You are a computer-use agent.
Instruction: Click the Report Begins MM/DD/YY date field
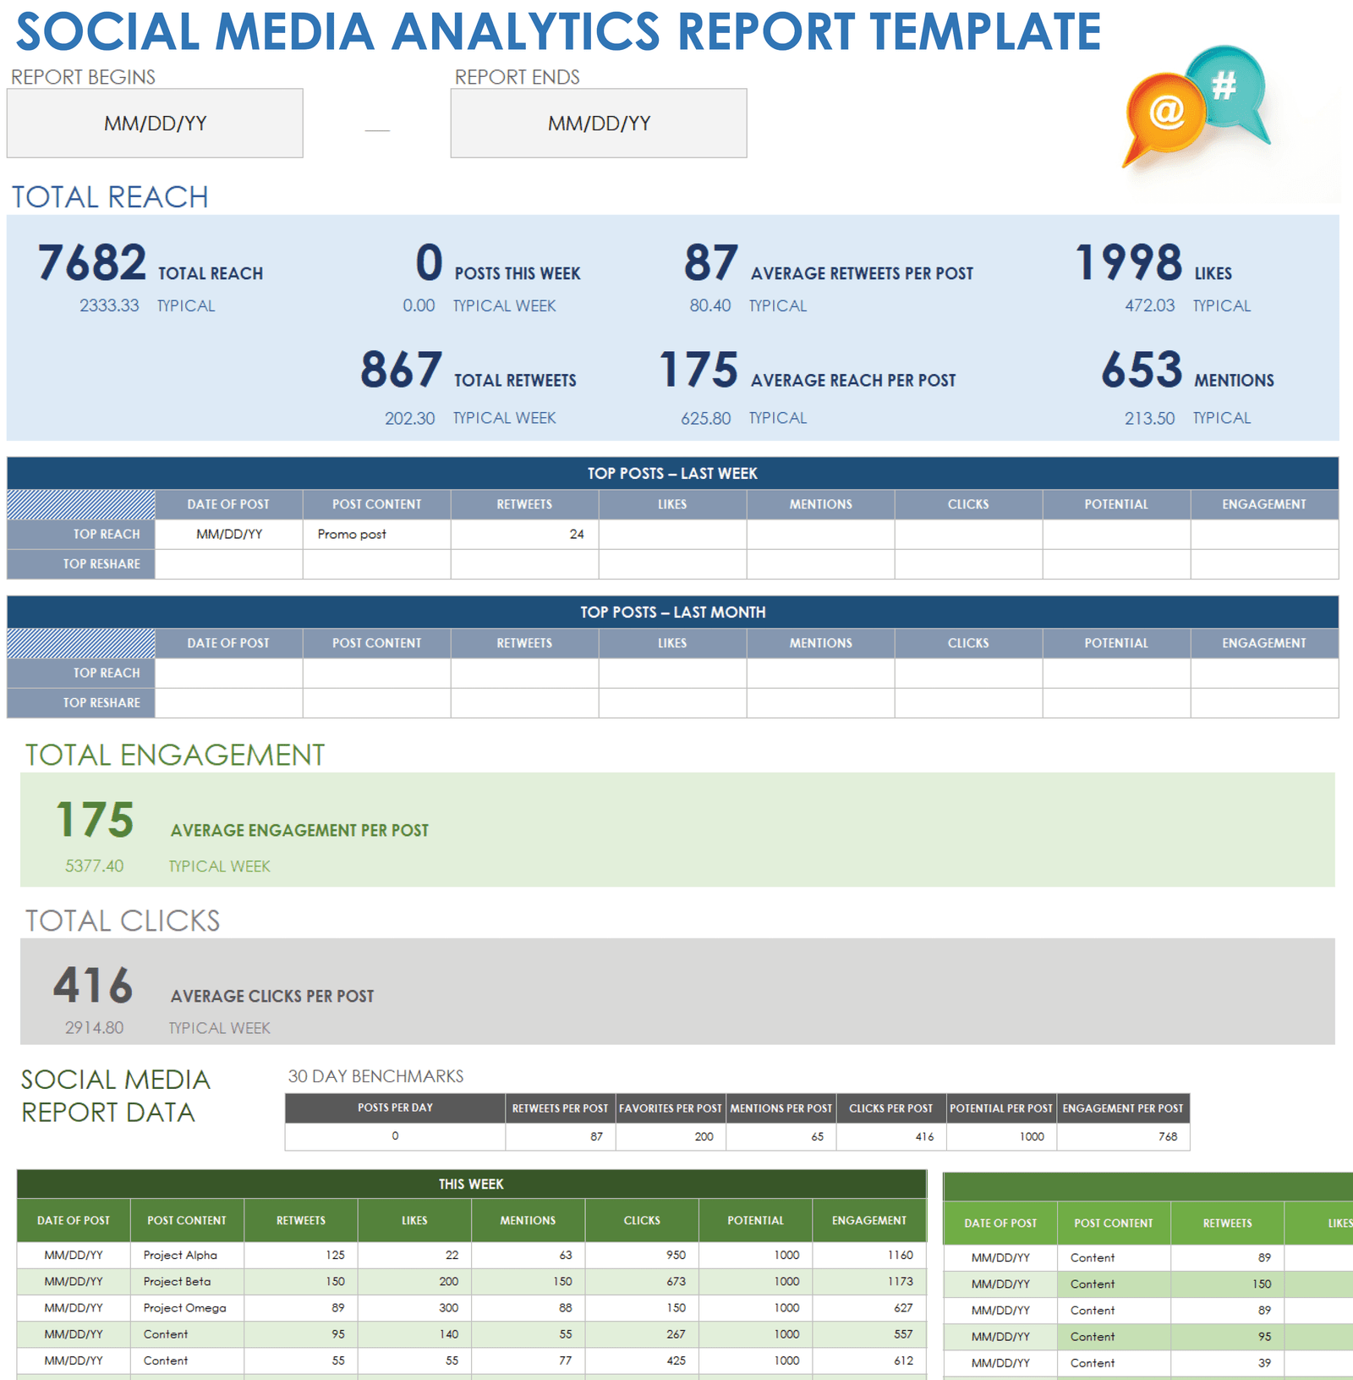pos(155,124)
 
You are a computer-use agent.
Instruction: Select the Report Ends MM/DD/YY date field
pos(599,124)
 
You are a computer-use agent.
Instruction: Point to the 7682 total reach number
pos(92,262)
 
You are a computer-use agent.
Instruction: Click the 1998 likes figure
pos(1128,262)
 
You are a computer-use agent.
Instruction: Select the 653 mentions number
pos(1142,370)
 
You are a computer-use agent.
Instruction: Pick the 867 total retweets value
pos(401,370)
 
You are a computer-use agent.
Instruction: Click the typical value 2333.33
pos(109,305)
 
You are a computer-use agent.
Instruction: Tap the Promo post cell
pos(352,534)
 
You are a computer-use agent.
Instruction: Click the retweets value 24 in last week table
pos(576,534)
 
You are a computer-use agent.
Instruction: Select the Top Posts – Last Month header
pos(672,612)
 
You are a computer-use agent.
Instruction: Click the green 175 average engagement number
pos(95,820)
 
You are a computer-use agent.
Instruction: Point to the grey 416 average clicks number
pos(93,985)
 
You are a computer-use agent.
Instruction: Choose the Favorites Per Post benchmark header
pos(671,1108)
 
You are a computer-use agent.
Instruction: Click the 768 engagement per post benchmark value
pos(1167,1136)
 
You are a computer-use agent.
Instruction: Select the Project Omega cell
pos(184,1307)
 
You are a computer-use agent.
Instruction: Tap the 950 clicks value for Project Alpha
pos(675,1255)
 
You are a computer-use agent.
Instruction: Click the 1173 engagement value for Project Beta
pos(900,1281)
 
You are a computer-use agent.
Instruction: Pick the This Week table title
pos(471,1184)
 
